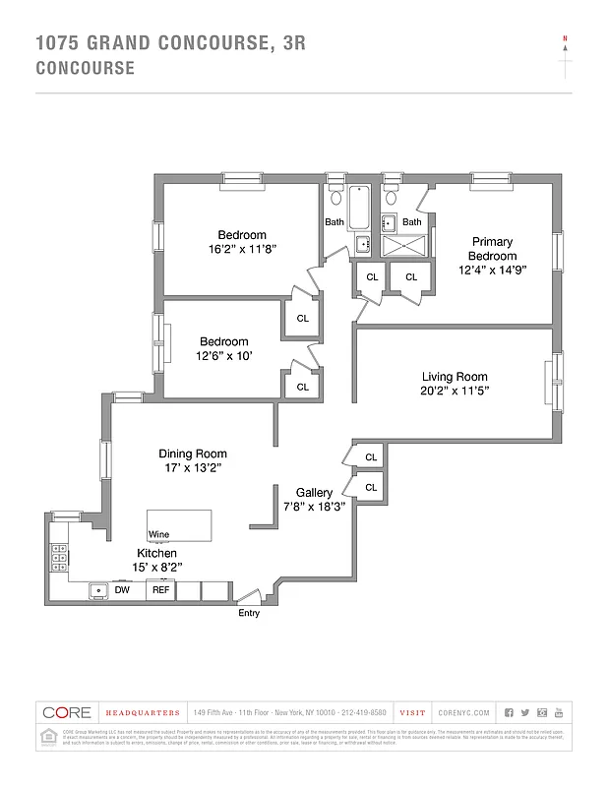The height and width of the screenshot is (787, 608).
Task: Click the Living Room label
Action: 455,377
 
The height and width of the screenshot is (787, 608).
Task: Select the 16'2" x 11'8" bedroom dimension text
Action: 242,249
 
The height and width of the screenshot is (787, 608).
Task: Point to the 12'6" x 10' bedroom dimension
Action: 223,356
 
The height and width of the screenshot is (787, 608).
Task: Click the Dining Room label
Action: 193,454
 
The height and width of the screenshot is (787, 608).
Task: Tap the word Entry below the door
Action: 250,614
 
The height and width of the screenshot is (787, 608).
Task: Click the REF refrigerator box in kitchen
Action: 160,590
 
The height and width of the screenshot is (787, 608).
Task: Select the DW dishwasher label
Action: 122,590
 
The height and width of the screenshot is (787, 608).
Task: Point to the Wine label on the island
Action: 158,534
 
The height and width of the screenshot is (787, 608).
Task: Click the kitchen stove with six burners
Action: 59,559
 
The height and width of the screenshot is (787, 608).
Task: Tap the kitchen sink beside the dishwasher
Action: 97,590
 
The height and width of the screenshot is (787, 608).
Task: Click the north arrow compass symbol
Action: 565,57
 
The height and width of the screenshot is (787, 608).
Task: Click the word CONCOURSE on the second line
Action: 85,68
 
